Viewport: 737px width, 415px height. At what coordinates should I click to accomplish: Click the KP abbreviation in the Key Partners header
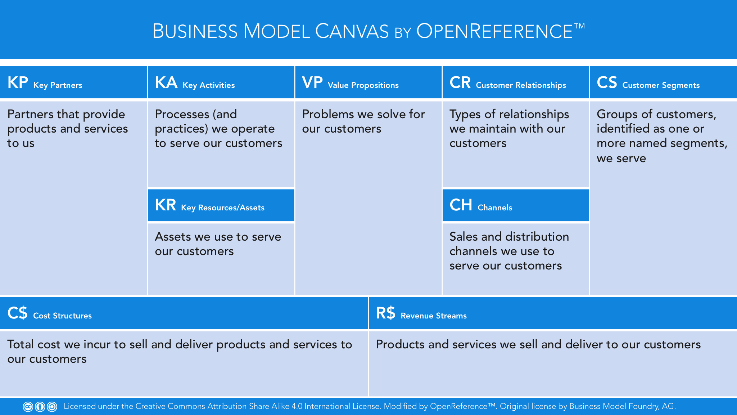point(18,82)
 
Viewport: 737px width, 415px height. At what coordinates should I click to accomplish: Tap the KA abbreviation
point(166,82)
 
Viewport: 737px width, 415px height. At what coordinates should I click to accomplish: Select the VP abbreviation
point(312,82)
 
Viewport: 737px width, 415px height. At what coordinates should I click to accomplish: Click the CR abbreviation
point(460,82)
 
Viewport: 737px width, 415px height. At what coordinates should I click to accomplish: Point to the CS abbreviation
point(607,82)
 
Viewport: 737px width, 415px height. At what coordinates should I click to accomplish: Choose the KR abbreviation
point(165,205)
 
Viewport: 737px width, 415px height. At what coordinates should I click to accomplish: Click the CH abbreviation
point(461,205)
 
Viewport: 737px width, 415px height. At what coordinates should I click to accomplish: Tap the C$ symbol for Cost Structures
point(17,313)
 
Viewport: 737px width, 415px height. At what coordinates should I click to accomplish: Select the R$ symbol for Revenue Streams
point(385,313)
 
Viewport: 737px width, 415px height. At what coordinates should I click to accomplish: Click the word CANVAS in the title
point(352,31)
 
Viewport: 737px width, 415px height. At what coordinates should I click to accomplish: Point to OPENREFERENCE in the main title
point(494,31)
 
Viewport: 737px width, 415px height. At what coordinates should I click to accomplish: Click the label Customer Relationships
point(521,85)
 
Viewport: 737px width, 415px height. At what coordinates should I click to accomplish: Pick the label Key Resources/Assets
point(222,208)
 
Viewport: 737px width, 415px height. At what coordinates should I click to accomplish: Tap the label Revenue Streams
point(433,316)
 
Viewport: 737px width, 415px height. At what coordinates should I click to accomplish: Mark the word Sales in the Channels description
point(464,237)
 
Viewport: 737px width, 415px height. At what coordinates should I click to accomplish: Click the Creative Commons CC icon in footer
point(28,407)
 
